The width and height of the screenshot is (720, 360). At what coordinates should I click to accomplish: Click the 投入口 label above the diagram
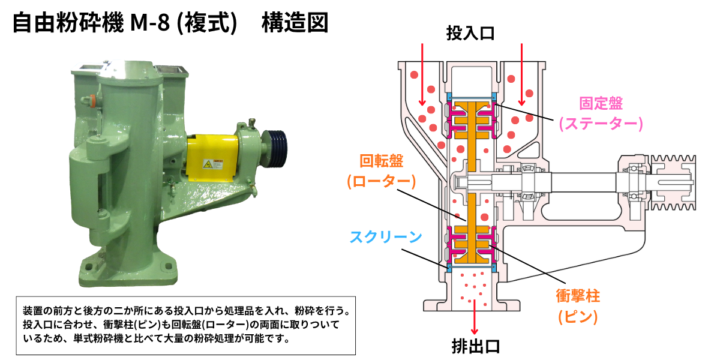point(470,33)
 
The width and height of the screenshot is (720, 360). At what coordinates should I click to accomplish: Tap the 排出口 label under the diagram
point(476,347)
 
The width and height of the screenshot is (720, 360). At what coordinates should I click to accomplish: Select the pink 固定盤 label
point(601,103)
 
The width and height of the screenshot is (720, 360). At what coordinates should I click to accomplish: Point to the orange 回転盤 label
point(381,161)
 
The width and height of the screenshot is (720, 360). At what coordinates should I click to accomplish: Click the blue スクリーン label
point(386,237)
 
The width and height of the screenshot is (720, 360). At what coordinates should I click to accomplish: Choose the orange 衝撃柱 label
point(578,296)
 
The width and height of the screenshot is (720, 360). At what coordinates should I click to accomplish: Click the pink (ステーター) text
point(601,124)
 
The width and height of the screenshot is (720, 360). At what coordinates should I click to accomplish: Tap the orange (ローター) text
point(381,181)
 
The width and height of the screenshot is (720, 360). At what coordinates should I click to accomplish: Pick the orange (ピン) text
point(578,317)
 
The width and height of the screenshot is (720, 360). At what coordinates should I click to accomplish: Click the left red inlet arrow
point(422,74)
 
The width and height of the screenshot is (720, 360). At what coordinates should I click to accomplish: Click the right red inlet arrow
point(521,74)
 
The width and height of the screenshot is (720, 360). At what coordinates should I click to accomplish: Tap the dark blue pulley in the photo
point(274,149)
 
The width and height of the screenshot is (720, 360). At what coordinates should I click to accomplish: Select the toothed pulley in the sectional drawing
point(673,182)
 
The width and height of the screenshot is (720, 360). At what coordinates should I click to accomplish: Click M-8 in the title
point(150,23)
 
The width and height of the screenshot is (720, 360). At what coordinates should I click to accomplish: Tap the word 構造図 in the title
point(295,23)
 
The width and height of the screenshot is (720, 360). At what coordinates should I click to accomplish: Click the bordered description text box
point(186,325)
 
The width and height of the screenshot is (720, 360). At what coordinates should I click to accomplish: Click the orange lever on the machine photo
point(92,100)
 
